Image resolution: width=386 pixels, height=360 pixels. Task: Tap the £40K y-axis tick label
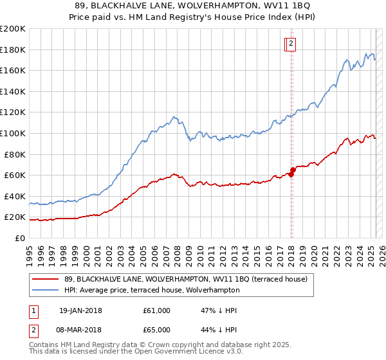click(15, 196)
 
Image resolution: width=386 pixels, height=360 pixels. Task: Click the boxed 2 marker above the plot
click(291, 44)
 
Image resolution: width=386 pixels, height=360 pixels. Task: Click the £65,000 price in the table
click(158, 329)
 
